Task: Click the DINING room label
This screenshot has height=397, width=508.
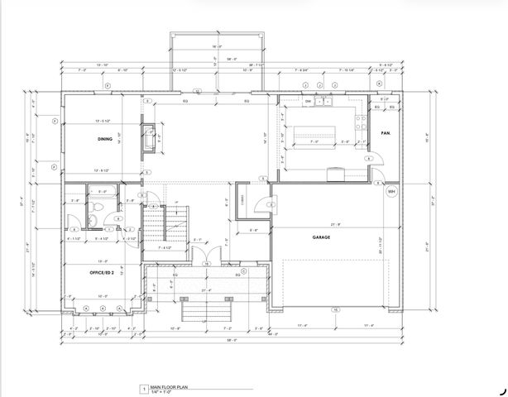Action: click(x=104, y=139)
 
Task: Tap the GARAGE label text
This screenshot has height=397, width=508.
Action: click(x=321, y=237)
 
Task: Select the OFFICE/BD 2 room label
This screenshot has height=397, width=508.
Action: click(x=102, y=271)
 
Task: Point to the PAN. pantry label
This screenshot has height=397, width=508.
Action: click(x=385, y=133)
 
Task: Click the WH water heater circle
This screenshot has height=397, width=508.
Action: click(x=391, y=192)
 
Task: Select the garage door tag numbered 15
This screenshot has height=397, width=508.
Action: click(x=336, y=309)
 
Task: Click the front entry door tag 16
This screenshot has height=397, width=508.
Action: click(x=206, y=264)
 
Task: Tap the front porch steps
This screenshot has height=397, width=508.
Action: click(x=204, y=309)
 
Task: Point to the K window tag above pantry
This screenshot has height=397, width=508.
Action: click(x=378, y=84)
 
